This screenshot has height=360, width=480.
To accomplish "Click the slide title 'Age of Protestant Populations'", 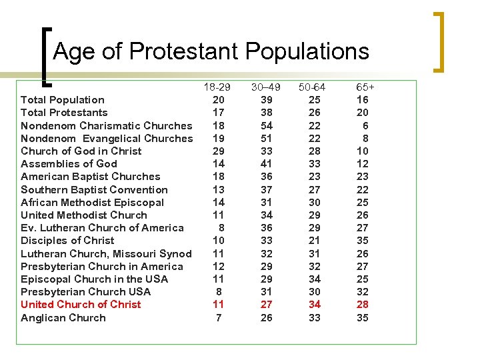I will [211, 51].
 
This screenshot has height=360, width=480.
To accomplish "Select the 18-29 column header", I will [217, 87].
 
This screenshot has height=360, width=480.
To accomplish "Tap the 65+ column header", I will [365, 87].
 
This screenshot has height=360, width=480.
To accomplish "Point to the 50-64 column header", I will [312, 87].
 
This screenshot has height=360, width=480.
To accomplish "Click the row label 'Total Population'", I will [63, 100].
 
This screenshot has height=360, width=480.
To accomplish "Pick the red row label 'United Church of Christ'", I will [81, 305].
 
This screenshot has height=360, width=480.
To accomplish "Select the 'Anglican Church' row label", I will [63, 318].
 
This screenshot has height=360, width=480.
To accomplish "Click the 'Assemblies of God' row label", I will [69, 164].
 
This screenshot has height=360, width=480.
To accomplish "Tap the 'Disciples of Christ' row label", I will [67, 241].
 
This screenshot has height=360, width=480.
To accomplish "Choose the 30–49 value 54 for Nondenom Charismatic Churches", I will [265, 126].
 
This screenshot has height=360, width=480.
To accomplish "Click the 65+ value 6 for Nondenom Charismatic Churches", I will [365, 126].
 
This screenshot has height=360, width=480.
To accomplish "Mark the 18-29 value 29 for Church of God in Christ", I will [218, 151].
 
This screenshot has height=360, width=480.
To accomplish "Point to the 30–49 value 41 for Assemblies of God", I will [265, 164].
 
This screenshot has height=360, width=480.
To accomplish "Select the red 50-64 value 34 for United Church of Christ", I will [314, 305].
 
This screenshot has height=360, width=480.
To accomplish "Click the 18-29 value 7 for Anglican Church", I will [218, 318].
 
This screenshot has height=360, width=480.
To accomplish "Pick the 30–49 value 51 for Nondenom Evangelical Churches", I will [265, 139].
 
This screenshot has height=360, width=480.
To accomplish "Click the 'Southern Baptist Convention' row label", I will [94, 190].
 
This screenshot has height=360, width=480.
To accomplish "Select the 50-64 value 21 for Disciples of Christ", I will [314, 241].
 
